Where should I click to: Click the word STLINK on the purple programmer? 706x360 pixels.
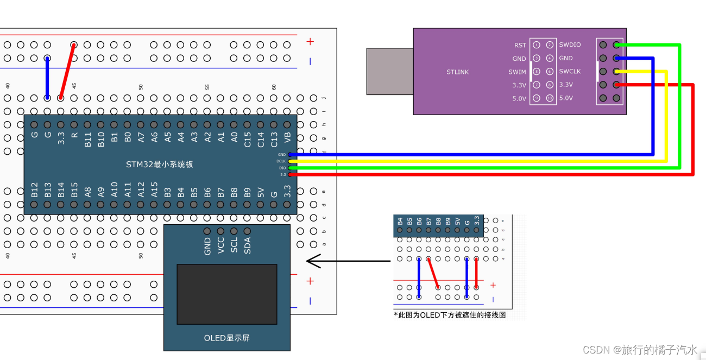click(x=457, y=72)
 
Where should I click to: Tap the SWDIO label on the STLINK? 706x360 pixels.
click(x=570, y=45)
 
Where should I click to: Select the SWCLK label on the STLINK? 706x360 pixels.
click(x=570, y=72)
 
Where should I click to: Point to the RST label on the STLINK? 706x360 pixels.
click(x=520, y=45)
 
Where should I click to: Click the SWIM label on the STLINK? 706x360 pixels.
click(x=517, y=72)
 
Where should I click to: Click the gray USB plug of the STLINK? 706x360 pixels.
click(x=389, y=71)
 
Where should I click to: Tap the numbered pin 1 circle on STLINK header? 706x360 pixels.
click(x=536, y=45)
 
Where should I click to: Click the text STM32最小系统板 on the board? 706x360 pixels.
click(x=160, y=164)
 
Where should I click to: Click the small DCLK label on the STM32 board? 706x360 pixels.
click(x=281, y=161)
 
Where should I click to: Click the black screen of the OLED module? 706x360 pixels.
click(x=227, y=294)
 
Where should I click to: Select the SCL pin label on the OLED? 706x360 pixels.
click(x=234, y=245)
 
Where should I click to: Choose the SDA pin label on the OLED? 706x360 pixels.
click(x=248, y=245)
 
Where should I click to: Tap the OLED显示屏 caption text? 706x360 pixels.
click(x=226, y=338)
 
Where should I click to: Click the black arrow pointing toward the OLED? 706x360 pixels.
click(x=348, y=261)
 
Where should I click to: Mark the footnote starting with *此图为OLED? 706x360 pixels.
click(x=450, y=315)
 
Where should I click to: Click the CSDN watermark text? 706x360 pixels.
click(x=639, y=349)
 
